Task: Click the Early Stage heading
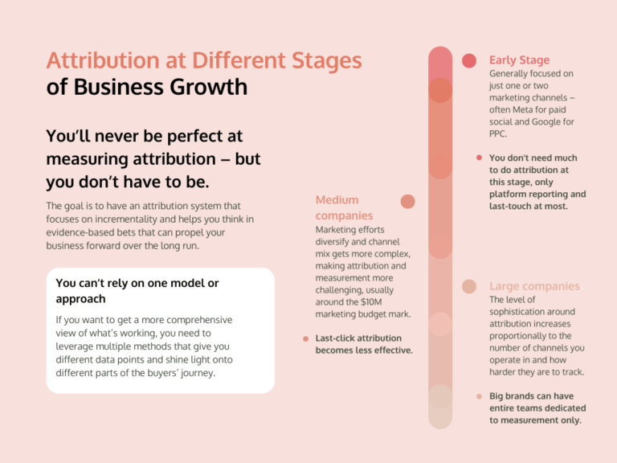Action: (x=519, y=60)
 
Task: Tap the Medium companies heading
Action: (x=337, y=207)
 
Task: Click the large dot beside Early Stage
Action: (x=469, y=60)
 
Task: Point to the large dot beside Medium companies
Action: (x=407, y=201)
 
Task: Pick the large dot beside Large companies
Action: (x=469, y=286)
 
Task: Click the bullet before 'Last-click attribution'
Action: (x=305, y=338)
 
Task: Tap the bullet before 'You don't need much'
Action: (x=479, y=158)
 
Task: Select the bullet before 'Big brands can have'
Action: (x=479, y=396)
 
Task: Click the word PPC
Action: (x=500, y=133)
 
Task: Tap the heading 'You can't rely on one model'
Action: (x=137, y=290)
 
